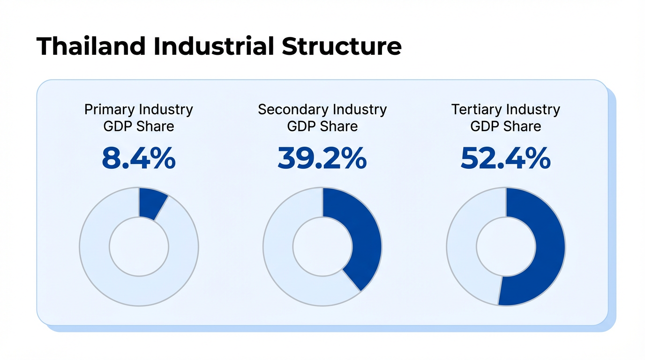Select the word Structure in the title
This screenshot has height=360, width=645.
pos(342,46)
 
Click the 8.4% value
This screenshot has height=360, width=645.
pos(139,159)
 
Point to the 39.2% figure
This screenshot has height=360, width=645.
pos(322,159)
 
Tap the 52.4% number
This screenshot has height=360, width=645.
pos(505,159)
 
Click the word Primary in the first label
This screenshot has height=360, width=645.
pos(109,110)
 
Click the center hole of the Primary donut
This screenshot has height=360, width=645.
pos(139,247)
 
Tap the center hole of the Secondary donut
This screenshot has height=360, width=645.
pos(322,247)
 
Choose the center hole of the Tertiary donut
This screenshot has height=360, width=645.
pos(506,247)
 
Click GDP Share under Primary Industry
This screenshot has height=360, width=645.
pos(139,127)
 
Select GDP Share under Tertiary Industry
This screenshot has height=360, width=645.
pos(505,127)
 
